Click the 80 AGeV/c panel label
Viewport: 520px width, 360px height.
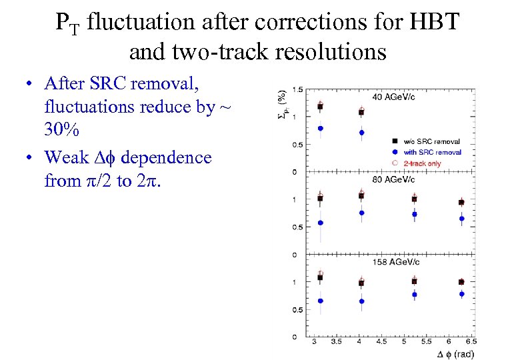394,179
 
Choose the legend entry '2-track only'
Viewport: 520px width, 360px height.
422,163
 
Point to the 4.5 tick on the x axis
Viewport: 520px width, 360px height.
381,342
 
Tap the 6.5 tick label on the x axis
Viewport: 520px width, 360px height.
471,342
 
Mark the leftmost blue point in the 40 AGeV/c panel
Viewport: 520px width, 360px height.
321,128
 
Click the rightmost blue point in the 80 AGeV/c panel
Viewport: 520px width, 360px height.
461,218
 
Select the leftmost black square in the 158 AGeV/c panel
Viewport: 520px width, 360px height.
321,277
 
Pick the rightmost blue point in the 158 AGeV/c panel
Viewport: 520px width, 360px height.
461,293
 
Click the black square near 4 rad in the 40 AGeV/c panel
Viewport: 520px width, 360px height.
361,113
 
